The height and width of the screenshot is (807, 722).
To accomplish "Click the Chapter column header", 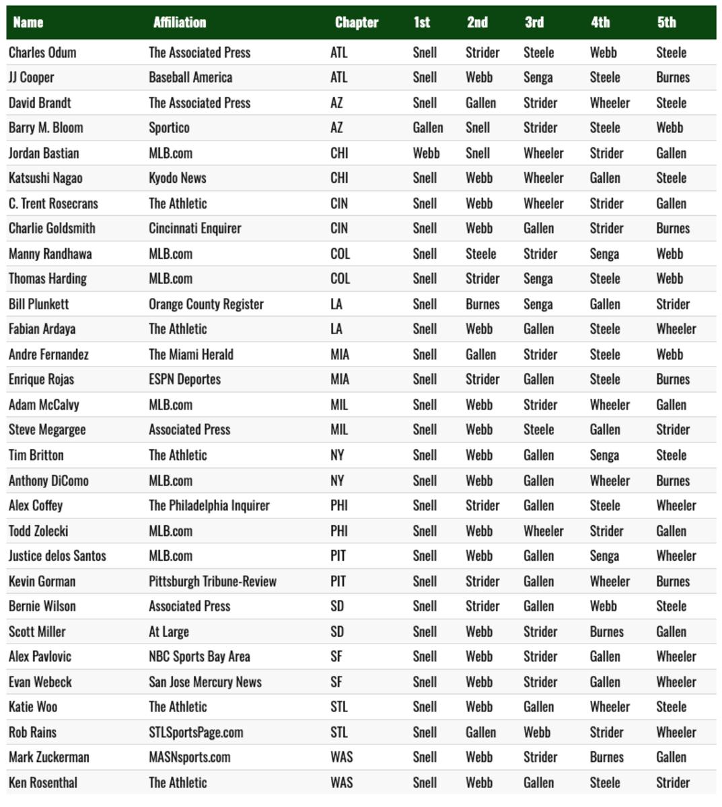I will tap(357, 22).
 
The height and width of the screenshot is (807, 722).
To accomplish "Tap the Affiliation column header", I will tap(180, 22).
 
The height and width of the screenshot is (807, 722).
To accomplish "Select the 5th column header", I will tap(666, 22).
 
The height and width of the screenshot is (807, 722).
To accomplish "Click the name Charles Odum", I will tap(42, 52).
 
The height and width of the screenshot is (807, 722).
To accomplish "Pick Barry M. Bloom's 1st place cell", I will tap(427, 128).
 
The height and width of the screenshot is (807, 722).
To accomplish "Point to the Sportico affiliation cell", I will tap(169, 128).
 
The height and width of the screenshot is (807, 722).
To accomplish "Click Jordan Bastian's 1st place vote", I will tap(426, 153).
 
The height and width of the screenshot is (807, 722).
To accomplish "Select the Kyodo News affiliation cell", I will tap(177, 178).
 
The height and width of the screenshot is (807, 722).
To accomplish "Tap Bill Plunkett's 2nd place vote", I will tap(482, 304).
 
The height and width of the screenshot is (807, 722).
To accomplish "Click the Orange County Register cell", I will tap(206, 304).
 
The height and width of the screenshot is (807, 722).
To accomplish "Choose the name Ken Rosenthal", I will tap(42, 783).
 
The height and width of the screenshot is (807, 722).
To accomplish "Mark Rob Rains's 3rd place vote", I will tap(537, 732).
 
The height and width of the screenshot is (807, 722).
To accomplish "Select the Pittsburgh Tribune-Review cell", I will tap(213, 582).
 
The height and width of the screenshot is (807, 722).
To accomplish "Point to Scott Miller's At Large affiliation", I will tap(169, 632).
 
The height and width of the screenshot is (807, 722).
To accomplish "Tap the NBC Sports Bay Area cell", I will tap(199, 657).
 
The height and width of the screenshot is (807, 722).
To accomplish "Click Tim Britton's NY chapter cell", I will tap(337, 455).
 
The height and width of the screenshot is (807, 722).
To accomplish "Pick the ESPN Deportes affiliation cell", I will tap(184, 379).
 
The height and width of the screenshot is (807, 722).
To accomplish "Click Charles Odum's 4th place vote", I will tap(603, 52).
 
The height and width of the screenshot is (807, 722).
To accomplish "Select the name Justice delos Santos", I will tap(57, 556).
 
